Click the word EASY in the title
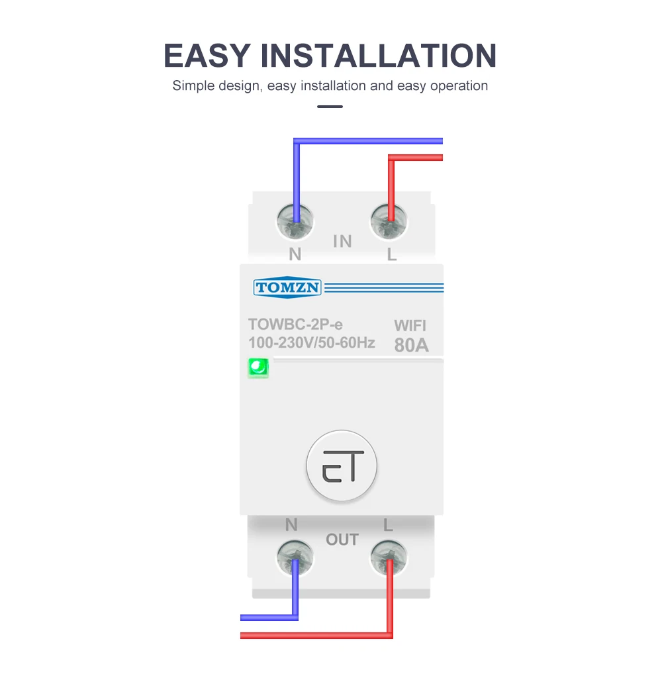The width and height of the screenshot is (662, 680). point(207,56)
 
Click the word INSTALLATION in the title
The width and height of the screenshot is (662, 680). point(379,56)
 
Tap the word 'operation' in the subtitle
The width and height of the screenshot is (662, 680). point(459,86)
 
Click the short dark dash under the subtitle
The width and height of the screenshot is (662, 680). point(330,106)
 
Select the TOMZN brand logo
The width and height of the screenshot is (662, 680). point(287,287)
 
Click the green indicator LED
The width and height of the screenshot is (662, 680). point(258,367)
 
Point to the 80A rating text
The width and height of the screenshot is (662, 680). point(411,345)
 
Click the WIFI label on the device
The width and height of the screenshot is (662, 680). point(410,326)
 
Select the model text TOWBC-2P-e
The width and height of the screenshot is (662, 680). point(295,324)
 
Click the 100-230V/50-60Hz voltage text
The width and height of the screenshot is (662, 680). point(312,343)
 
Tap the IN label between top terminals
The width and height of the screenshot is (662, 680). point(342,242)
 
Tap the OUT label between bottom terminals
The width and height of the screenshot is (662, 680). point(342,540)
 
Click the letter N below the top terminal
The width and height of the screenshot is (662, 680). point(295,254)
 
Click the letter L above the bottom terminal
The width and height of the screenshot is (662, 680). point(389,526)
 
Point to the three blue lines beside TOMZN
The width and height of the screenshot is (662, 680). point(384,287)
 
